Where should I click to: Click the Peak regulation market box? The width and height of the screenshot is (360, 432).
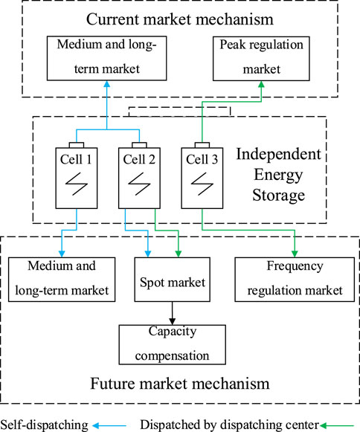[x=261, y=59]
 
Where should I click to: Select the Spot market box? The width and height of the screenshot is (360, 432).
[x=173, y=280]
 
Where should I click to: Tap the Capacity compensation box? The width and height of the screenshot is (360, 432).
[x=173, y=345]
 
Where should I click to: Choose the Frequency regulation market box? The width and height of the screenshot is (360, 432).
[x=295, y=280]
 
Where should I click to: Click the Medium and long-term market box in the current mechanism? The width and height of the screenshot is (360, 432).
[x=106, y=58]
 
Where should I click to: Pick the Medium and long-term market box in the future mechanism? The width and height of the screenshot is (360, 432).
[x=62, y=280]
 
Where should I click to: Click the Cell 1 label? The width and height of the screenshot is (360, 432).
[x=76, y=159]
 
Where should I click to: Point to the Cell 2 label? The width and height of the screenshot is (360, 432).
[x=139, y=159]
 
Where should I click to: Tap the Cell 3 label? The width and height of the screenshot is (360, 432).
[x=202, y=159]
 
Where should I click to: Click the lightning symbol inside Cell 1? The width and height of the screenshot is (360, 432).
[x=77, y=184]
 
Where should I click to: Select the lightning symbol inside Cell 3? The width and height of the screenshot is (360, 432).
[x=202, y=184]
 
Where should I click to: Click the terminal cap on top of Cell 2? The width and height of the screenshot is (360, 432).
[x=139, y=145]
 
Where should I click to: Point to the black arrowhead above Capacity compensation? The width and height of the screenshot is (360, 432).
[x=173, y=321]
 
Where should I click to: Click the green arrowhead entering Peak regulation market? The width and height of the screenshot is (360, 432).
[x=261, y=84]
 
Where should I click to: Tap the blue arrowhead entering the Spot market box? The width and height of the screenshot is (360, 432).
[x=148, y=254]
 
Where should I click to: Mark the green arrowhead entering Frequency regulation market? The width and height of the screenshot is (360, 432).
[x=295, y=254]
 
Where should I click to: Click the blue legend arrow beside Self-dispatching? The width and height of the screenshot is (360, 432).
[x=109, y=425]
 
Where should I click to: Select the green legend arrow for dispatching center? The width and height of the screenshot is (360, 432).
[x=337, y=425]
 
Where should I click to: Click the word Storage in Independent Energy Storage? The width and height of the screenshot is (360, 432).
[x=279, y=196]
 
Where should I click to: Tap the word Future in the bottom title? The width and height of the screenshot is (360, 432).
[x=112, y=384]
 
